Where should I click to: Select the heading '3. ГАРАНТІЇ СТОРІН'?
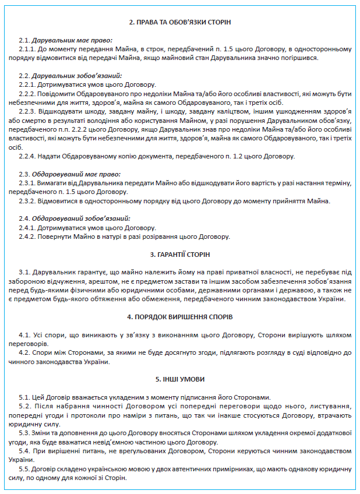coord(179,255)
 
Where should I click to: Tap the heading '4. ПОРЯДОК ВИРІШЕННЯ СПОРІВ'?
coord(179,317)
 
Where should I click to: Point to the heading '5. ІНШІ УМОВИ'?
coord(179,379)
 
